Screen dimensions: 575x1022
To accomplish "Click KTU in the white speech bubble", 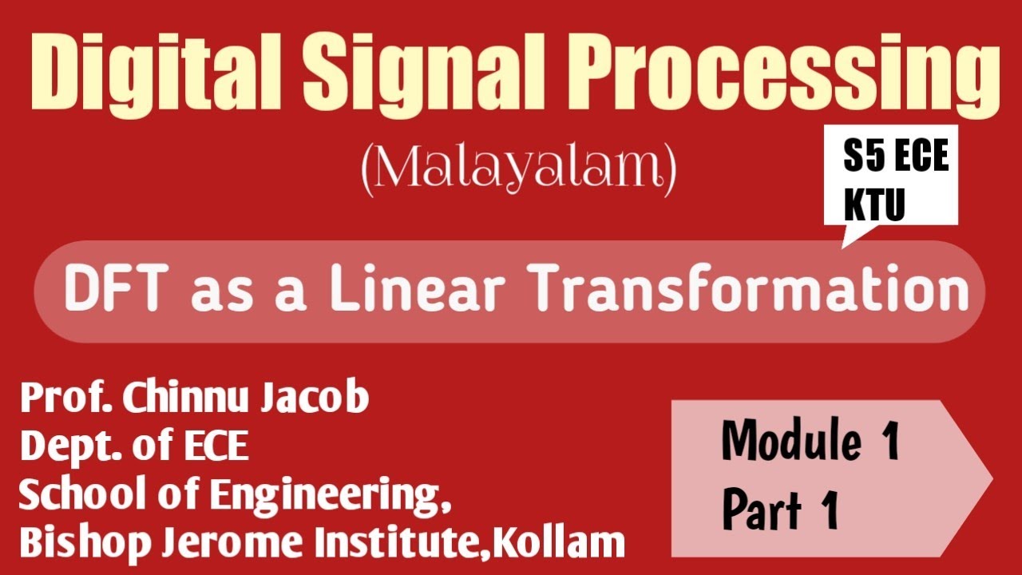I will [x=874, y=204].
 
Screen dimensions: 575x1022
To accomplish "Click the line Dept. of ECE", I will [x=134, y=446].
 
